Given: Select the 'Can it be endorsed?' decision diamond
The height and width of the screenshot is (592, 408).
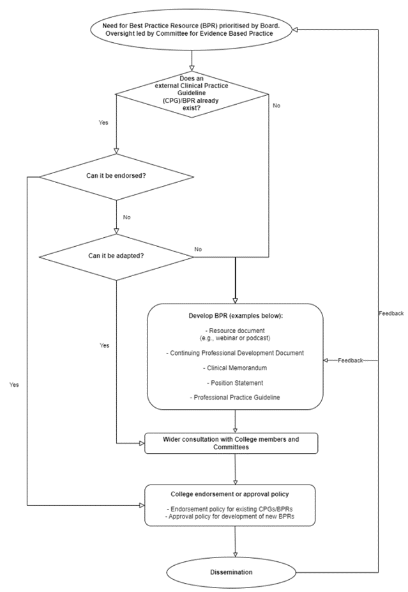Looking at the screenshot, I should coord(116,176).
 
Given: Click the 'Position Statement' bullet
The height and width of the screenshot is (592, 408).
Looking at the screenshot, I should coord(235,383).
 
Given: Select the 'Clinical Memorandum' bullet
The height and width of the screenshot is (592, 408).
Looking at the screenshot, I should coord(235,368).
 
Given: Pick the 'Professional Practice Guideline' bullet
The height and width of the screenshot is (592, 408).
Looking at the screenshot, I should coord(235,398).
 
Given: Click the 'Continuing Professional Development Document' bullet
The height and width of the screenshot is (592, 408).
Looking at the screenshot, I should coord(235,353).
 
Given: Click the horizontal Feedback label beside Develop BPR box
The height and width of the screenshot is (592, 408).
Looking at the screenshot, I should coord(351,361).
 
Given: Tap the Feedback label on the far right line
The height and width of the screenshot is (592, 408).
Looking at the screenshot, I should coord(391,313).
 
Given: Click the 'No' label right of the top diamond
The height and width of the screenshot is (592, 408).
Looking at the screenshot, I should coord(276,105).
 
